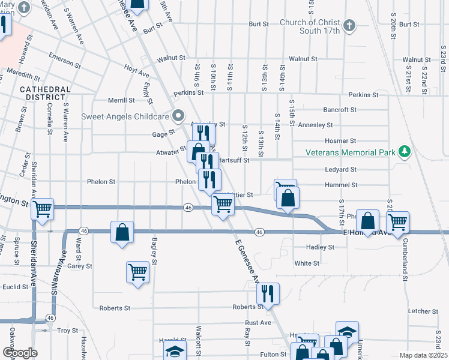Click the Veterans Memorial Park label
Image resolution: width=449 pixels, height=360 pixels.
352,152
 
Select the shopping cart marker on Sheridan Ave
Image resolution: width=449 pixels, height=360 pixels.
42,209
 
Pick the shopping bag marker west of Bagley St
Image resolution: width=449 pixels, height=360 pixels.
122,232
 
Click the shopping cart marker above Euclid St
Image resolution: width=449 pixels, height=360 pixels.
137,272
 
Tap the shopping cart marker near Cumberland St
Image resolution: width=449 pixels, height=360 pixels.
397,222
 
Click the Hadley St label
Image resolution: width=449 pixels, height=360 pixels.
320,247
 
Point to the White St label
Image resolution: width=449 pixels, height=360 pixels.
307,263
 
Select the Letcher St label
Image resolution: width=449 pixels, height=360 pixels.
423,311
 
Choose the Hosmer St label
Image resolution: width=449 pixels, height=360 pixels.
344,140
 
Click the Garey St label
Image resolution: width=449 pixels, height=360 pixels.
79,266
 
